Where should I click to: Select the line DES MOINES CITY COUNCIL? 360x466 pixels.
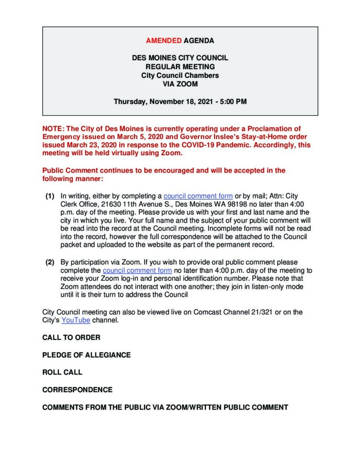(180, 58)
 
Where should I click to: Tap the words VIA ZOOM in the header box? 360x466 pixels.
(180, 84)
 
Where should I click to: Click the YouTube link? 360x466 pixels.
(76, 320)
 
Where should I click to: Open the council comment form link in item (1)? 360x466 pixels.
(198, 196)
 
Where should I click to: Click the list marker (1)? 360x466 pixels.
(50, 196)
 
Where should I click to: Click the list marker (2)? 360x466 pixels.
(50, 262)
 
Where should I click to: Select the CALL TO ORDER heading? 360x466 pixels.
(71, 338)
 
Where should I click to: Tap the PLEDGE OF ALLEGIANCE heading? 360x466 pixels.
(86, 355)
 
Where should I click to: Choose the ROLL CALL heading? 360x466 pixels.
(62, 372)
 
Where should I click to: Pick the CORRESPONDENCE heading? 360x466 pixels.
(77, 390)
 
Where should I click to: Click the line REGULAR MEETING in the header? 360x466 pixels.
(180, 67)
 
